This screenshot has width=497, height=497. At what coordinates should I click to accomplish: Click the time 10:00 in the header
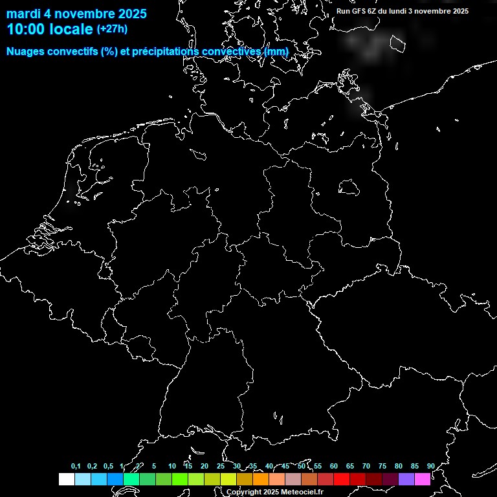pos(27,29)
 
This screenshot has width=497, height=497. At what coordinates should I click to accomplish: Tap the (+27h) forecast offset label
pos(112,28)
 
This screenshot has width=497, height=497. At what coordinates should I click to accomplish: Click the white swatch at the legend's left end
pos(66,479)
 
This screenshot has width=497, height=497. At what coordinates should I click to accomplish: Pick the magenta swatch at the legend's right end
pos(423,479)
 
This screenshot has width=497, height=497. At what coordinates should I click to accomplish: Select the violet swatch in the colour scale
pos(406,479)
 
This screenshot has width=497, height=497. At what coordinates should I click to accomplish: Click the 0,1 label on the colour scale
pos(76,466)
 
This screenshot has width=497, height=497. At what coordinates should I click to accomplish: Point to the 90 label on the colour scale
pos(430,466)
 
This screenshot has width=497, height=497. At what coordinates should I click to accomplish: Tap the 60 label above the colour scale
pos(333,466)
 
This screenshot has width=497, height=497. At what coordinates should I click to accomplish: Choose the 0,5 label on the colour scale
pos(108,466)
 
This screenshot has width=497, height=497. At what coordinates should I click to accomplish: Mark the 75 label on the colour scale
pos(382,466)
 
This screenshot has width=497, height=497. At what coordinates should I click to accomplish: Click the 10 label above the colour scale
pos(171,466)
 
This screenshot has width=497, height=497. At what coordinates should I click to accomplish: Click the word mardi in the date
pos(23,14)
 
